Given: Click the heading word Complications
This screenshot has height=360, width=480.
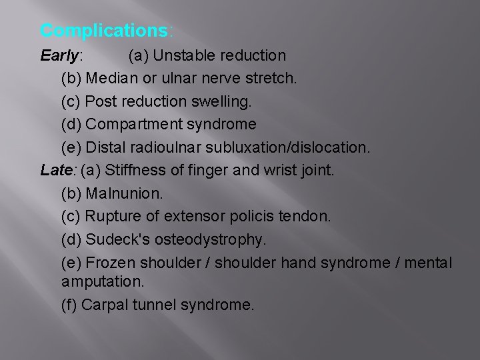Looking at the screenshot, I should (x=105, y=31).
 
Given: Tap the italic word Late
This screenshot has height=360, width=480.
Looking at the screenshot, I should (x=56, y=171).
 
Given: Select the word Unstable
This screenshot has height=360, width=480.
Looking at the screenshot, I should (x=183, y=55).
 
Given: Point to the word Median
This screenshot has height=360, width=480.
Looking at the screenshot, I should (x=111, y=78).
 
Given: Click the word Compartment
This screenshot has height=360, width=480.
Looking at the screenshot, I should (x=130, y=125).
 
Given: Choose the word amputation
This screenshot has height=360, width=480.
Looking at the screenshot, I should (x=101, y=281).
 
